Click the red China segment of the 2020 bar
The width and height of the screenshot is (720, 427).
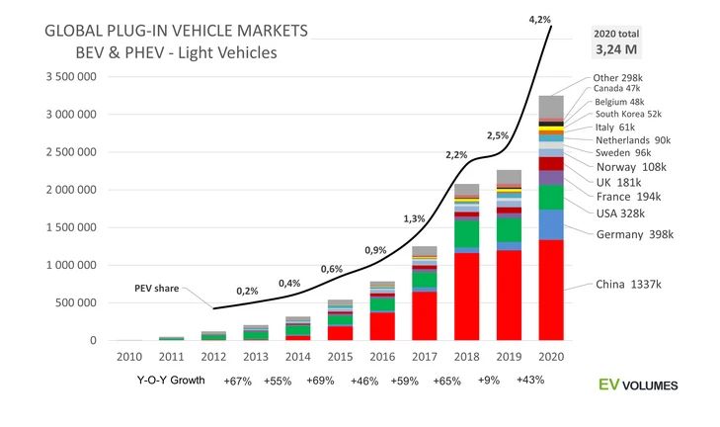[x=551, y=291]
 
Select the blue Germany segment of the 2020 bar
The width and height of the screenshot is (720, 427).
[x=551, y=224]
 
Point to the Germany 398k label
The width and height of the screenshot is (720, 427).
[x=635, y=234]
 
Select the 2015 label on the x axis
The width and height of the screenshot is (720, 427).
[x=340, y=356]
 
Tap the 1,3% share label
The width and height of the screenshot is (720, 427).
[x=415, y=218]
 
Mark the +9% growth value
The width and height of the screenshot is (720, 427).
[x=489, y=381]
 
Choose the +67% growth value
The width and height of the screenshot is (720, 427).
[x=238, y=381]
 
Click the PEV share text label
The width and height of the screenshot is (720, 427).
[x=157, y=290]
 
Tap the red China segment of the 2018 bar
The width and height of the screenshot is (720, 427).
[x=467, y=297]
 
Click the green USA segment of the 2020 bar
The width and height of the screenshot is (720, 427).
[x=551, y=197]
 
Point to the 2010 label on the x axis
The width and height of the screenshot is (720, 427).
[x=127, y=356]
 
